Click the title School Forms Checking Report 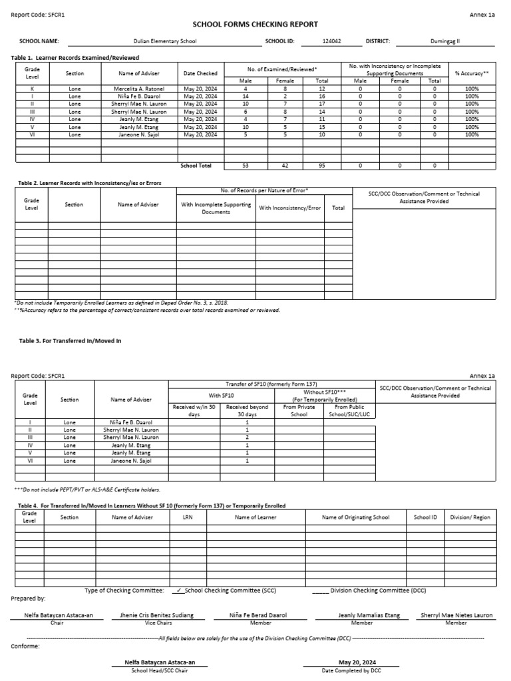click(x=255, y=24)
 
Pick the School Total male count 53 click(x=246, y=166)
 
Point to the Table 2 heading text click(x=86, y=182)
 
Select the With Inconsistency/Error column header click(x=289, y=208)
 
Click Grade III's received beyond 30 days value click(x=247, y=438)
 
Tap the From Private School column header click(x=299, y=410)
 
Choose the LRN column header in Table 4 click(x=188, y=517)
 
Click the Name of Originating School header click(x=355, y=517)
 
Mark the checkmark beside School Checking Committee click(x=180, y=590)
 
